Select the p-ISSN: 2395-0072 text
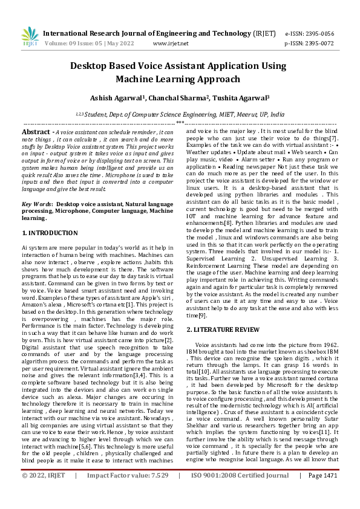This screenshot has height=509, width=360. [x=309, y=44]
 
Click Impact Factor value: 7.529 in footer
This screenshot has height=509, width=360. [x=128, y=492]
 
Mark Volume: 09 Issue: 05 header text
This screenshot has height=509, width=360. [x=80, y=44]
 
